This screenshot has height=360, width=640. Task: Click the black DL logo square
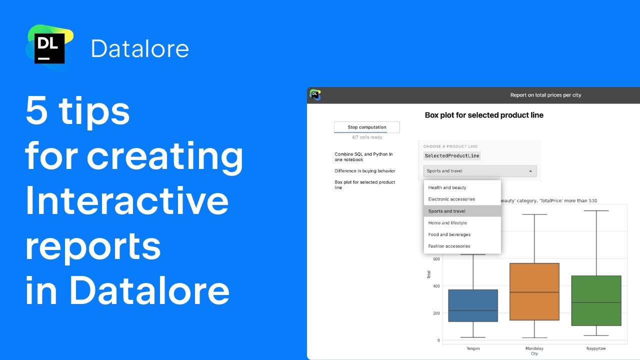pos(49,48)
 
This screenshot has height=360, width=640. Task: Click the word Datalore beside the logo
pos(140,49)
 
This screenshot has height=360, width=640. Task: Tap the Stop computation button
pos(366,127)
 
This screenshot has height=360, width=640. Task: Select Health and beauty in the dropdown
pos(447,187)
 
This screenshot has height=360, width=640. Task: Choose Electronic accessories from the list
pos(451,199)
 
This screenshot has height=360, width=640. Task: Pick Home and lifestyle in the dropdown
pos(447,223)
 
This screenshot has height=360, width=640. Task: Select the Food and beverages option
pos(449,234)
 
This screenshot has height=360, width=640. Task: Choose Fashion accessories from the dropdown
pos(449,246)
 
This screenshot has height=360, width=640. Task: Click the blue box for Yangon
pos(472,305)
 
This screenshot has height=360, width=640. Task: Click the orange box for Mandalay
pos(534,291)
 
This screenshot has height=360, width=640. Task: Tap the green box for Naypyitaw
pos(596,300)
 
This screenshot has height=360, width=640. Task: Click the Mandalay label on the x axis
pos(534,348)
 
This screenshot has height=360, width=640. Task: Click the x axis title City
pos(534,353)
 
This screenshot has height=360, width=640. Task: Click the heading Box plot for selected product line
pos(484,115)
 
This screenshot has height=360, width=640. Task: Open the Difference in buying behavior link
pos(365,171)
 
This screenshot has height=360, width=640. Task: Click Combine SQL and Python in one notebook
pos(363,157)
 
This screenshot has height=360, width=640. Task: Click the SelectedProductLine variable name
pos(452,156)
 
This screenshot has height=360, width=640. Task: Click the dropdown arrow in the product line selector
pos(530,171)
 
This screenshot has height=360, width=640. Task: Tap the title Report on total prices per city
pos(545,95)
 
